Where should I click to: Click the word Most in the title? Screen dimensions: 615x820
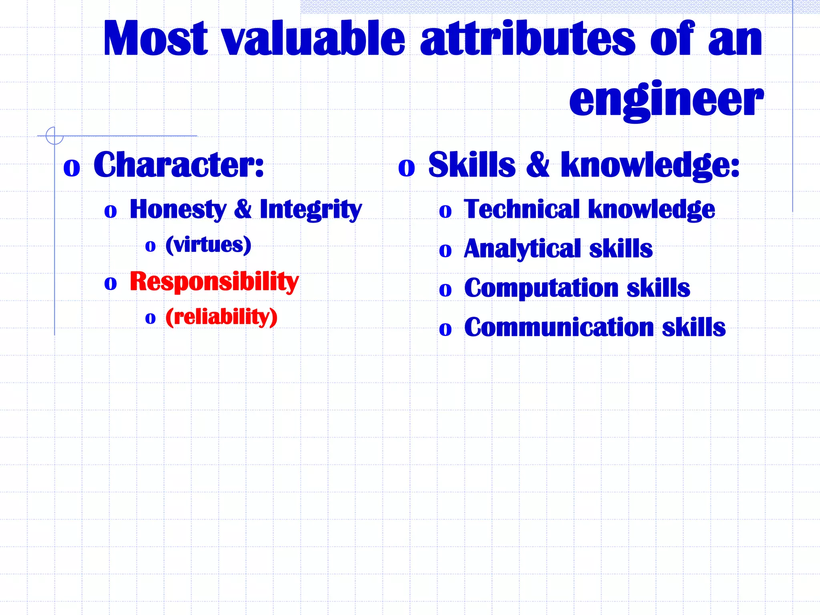155,39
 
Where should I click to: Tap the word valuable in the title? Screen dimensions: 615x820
314,39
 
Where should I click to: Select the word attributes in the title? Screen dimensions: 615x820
527,39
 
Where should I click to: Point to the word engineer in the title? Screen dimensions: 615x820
666,100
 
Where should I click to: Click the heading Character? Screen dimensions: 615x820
179,165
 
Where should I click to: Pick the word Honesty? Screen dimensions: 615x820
178,209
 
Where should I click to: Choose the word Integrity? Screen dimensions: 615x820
311,209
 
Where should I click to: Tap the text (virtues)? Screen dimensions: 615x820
209,245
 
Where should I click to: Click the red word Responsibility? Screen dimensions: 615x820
214,281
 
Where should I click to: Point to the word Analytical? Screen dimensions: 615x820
522,249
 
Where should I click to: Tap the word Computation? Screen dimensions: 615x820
541,288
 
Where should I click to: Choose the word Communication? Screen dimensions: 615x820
559,327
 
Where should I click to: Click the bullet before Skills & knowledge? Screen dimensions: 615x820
406,168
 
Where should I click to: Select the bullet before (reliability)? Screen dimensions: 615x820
150,319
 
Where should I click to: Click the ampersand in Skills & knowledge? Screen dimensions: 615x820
538,165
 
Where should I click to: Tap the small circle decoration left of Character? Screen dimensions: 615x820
54,136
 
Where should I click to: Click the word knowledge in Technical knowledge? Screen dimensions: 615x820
651,209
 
